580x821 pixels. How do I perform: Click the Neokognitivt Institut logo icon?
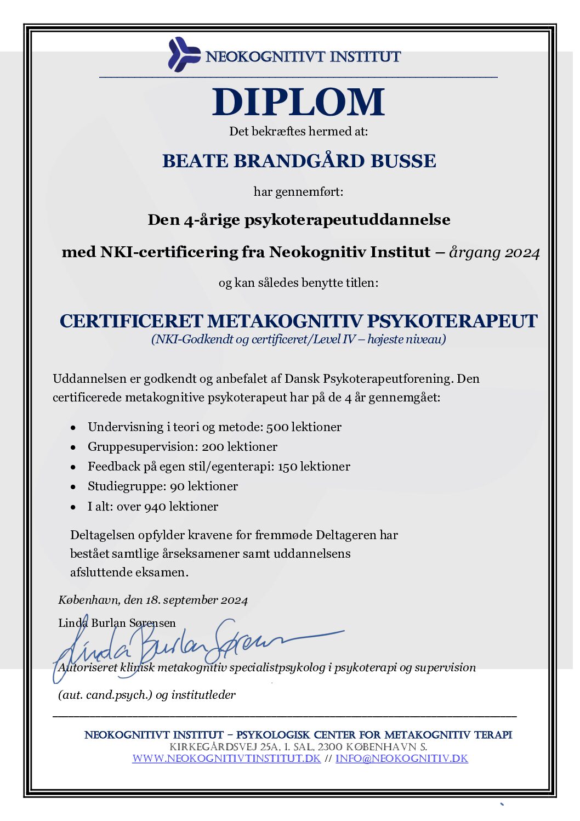(183, 54)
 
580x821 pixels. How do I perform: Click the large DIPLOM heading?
(298, 103)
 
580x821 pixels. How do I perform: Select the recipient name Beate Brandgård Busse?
(299, 161)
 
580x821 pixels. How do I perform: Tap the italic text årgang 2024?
(494, 252)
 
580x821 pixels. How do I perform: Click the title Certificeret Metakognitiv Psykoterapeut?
(298, 321)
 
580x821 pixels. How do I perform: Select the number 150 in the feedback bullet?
(287, 467)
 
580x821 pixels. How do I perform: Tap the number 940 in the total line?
(155, 507)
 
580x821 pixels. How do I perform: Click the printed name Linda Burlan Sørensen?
(117, 623)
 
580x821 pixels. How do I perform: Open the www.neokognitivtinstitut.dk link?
(226, 758)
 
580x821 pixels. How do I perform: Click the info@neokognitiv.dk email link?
(402, 758)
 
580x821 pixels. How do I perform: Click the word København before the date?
(88, 600)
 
